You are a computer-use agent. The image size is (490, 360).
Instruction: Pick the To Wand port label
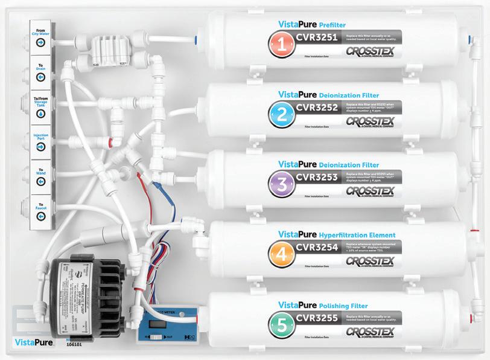click(x=40, y=171)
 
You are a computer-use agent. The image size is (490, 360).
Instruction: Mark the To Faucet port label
click(x=40, y=205)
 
